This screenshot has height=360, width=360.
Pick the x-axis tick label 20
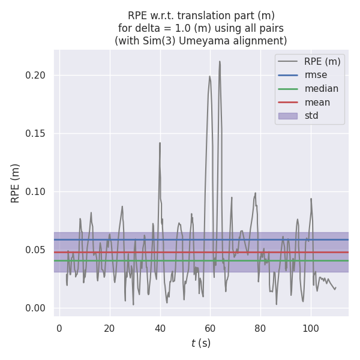109,328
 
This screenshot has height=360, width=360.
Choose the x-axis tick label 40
160,328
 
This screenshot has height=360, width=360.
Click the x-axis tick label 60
210,328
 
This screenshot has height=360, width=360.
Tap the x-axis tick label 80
260,328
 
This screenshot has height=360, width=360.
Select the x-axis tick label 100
311,328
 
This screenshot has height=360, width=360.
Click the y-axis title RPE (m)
16,183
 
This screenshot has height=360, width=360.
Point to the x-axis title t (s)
201,344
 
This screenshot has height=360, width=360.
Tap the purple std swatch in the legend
288,116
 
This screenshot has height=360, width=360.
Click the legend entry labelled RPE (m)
323,61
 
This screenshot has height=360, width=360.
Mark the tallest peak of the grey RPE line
220,61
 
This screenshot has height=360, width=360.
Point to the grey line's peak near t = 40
160,143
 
